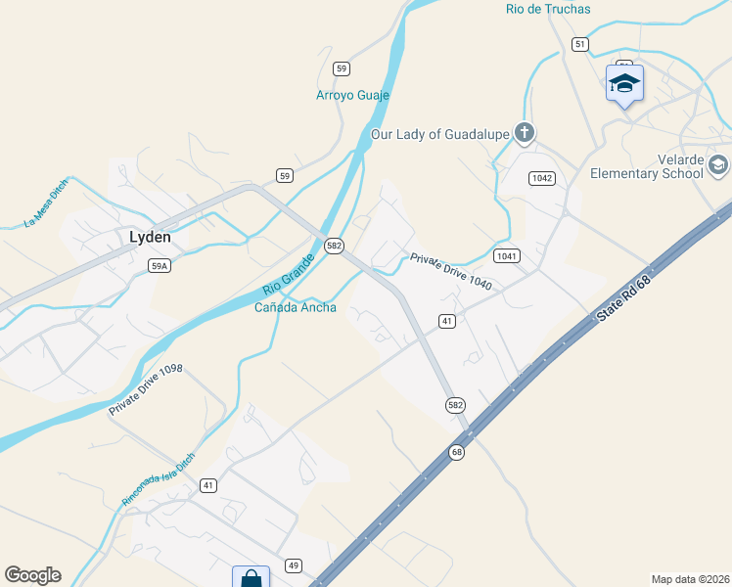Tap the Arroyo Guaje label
[x=352, y=95]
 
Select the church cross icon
[x=525, y=133]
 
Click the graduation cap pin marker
[x=623, y=83]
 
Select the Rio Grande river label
[x=287, y=274]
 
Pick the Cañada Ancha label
[x=296, y=307]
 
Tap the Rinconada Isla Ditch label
[x=158, y=478]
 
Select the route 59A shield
[x=160, y=265]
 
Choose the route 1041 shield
[x=506, y=255]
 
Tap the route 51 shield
[x=580, y=44]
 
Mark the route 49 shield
[x=293, y=565]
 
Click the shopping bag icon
[x=252, y=578]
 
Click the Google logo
[x=32, y=574]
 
